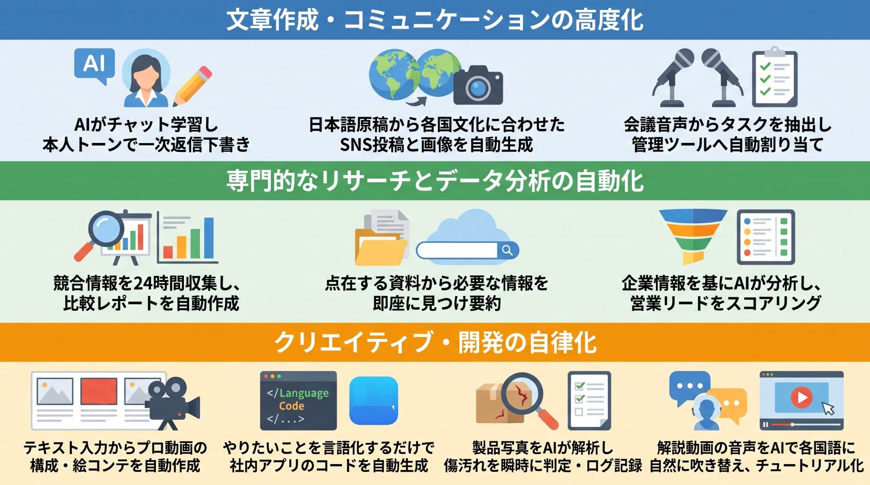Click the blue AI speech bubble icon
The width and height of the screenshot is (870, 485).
coord(94,65)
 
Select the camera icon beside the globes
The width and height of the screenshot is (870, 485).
coord(478,85)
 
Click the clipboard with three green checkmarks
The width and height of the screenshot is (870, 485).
coord(774,77)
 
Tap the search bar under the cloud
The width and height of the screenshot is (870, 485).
coord(467,250)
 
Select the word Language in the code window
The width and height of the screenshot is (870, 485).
coord(304,393)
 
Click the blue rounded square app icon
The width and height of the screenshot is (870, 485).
coord(374,401)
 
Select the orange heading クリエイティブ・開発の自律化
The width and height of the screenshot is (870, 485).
coord(435,342)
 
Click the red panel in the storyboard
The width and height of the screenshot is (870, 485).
coord(99,391)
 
